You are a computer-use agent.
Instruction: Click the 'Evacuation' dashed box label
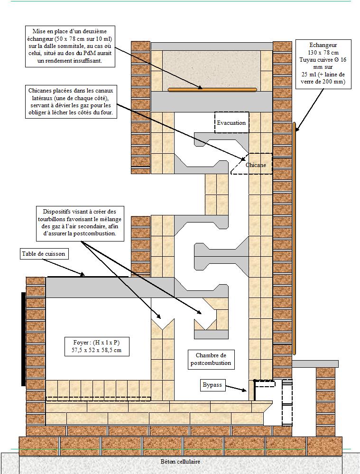pos(231,123)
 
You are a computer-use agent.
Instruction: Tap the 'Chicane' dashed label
pos(256,165)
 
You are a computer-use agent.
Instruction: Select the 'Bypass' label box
pos(212,385)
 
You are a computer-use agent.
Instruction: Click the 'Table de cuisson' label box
pos(44,254)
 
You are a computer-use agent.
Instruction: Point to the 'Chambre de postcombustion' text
pos(211,359)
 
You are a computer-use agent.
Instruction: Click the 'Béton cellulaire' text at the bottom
pos(180,461)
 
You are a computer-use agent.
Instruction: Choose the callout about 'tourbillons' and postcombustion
pos(83,222)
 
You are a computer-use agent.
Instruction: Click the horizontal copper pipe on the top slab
pos(212,89)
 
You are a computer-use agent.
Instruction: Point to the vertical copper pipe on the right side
pos(295,237)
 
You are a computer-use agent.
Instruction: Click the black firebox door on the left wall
pos(23,339)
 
